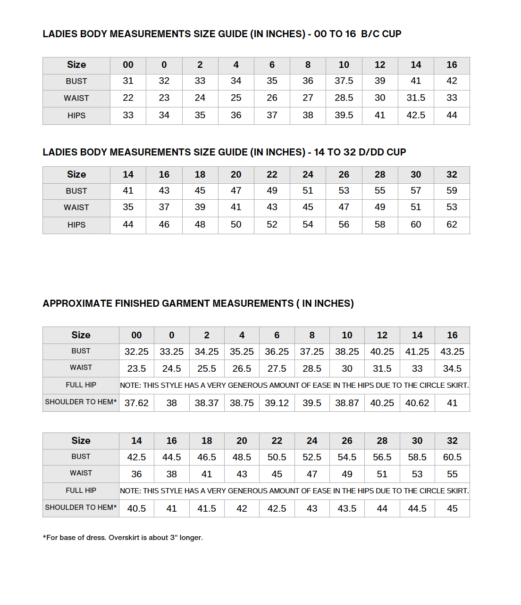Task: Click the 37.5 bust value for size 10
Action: pos(344,81)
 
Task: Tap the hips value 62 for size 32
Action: pos(452,225)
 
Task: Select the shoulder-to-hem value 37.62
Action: pos(136,403)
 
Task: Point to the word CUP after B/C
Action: pos(392,34)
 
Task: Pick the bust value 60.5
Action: pos(452,458)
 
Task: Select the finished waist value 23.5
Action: pos(136,369)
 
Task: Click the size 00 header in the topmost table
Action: pos(128,65)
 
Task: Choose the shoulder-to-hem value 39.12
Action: pos(277,403)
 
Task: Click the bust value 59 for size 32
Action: pos(452,191)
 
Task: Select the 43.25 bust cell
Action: pos(452,352)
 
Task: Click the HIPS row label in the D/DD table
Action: pos(76,225)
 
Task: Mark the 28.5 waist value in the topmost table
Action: pos(344,98)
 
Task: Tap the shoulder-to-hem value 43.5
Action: pos(347,509)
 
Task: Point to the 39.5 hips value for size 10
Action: pos(344,115)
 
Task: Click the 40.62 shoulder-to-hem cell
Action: pos(417,403)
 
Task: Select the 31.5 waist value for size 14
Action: pos(416,98)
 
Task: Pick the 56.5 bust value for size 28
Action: pos(382,458)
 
